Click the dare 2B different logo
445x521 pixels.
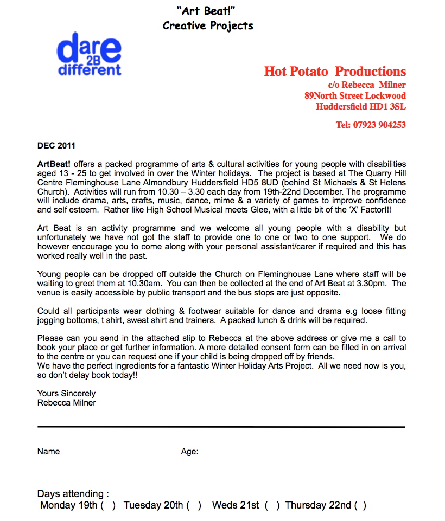90,54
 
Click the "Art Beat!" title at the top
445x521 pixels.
207,10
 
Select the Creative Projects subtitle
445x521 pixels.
208,25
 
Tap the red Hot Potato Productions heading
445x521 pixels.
335,72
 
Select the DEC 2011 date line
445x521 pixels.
56,145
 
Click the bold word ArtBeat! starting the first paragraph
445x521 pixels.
54,164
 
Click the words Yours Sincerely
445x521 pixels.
66,394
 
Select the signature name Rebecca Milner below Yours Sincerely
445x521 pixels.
66,403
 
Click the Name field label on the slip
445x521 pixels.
49,452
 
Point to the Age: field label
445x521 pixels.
189,452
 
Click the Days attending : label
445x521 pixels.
73,494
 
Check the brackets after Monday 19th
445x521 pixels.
108,506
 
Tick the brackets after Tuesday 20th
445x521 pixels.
194,506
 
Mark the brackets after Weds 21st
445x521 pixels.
272,506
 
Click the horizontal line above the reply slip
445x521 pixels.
221,427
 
